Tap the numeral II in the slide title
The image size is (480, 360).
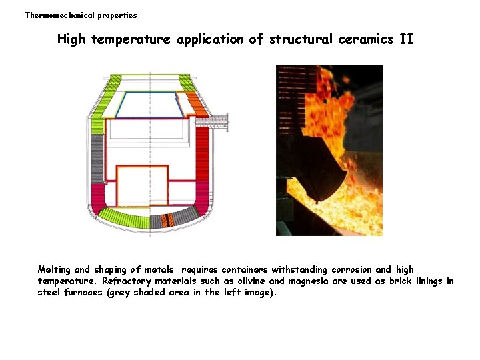pos(406,39)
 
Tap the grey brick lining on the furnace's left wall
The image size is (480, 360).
pos(97,157)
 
